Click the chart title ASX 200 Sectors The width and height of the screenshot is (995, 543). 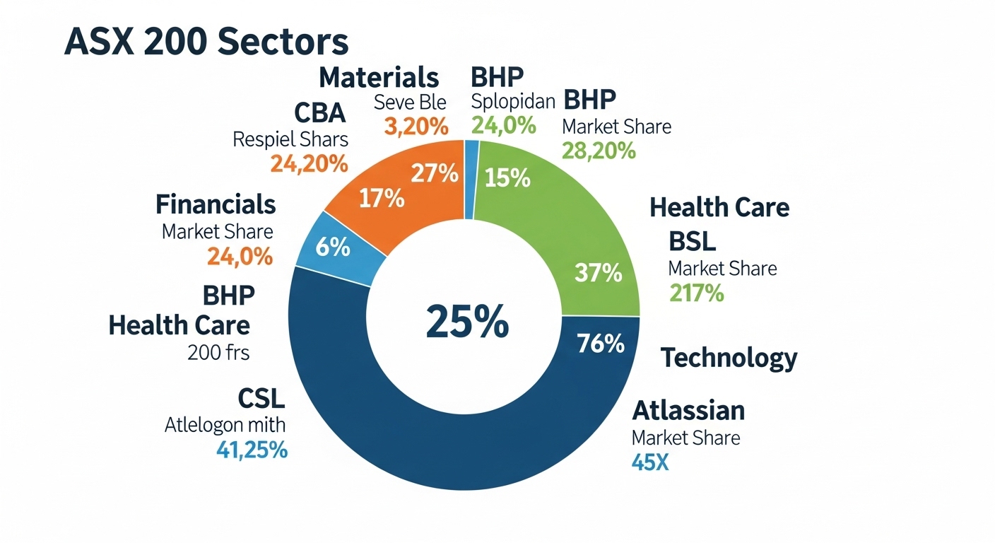206,42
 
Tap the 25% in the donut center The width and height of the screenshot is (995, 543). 466,322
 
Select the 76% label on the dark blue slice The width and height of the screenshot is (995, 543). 600,343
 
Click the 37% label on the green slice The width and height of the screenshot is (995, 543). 598,272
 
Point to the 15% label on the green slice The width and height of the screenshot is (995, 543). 507,178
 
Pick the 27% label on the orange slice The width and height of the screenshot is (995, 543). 435,173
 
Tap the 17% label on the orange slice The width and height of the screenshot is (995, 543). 381,198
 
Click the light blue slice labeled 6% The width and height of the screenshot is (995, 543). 333,247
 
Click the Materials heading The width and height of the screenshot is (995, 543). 379,76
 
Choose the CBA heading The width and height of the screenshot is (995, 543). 319,113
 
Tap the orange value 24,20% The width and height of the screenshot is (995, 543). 309,164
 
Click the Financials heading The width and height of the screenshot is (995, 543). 216,204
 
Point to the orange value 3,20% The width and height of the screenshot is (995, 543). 416,127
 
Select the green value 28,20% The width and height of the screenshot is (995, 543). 599,151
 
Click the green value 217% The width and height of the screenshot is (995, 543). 696,293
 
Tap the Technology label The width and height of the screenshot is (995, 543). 729,358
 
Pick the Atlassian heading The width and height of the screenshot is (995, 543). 688,410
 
